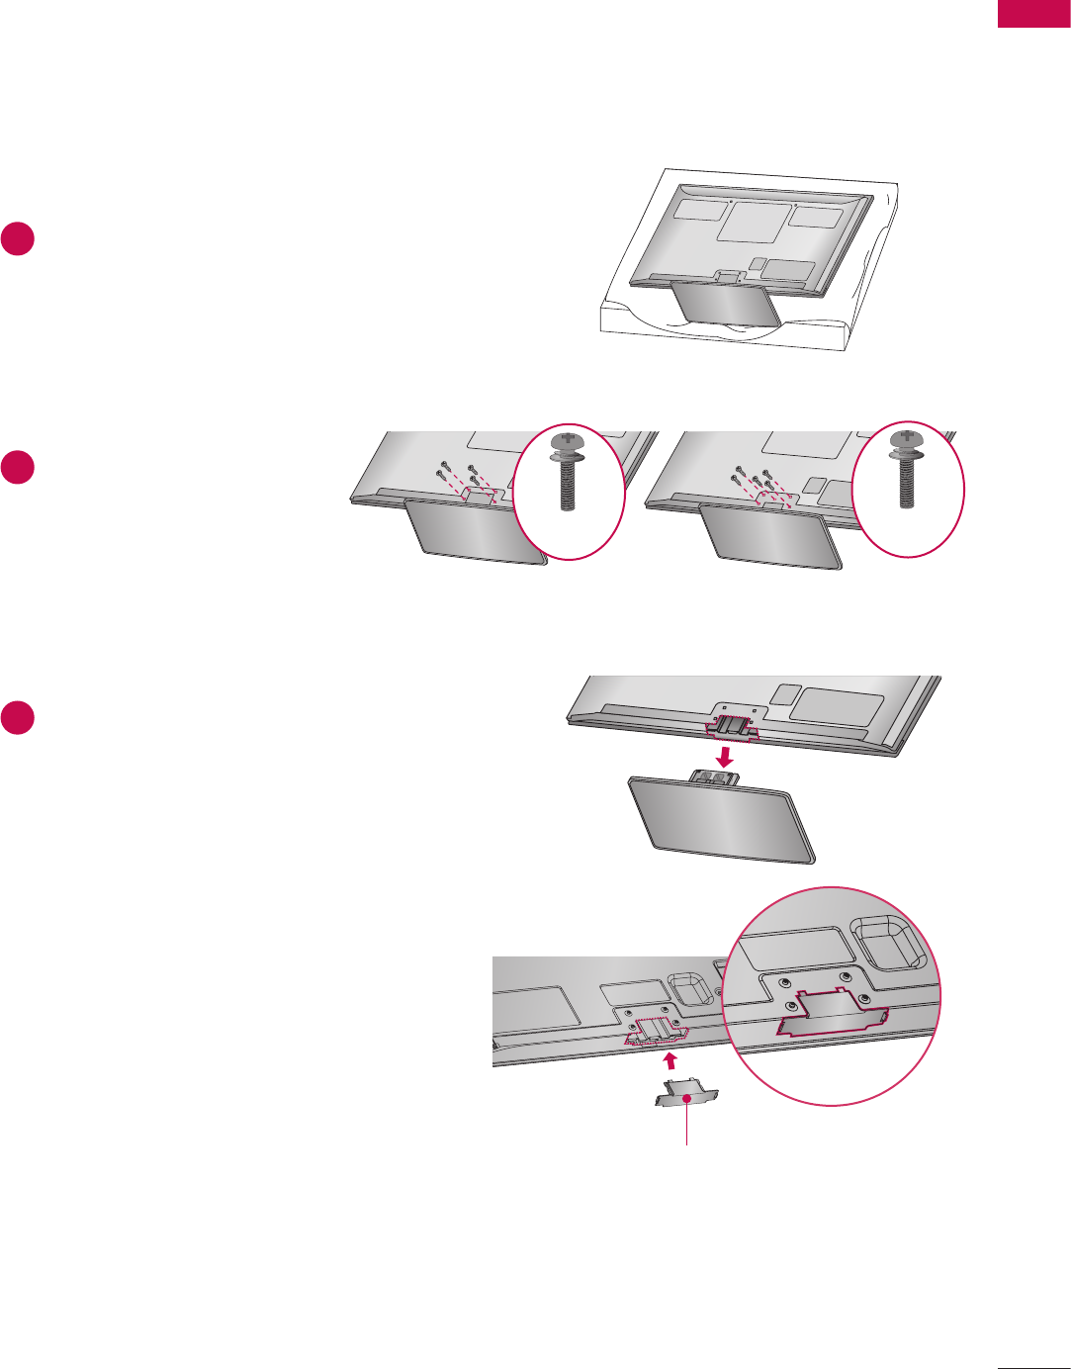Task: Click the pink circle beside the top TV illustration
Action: [18, 240]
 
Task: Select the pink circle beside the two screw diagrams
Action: [18, 468]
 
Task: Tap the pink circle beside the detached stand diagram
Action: [18, 717]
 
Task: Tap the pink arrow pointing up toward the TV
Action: [669, 1061]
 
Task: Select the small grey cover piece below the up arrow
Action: [684, 1095]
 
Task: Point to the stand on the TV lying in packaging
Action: [722, 304]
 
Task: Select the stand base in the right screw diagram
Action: [769, 535]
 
